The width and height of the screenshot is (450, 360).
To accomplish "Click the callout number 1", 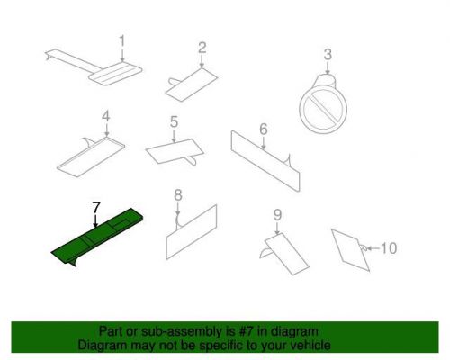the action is click(121, 41).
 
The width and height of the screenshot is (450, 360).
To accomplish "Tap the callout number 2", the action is click(202, 48).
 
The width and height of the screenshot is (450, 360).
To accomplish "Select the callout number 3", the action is click(328, 54).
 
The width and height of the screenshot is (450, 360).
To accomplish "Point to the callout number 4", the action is click(106, 116).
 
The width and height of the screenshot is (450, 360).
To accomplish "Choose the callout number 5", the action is click(174, 121).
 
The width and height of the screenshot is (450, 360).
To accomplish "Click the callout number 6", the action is click(264, 129).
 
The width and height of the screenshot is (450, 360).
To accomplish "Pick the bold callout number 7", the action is click(96, 208).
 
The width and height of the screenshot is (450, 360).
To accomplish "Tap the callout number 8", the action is click(178, 195).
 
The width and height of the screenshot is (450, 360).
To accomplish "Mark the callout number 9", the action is click(277, 215).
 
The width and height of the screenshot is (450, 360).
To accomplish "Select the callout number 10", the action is click(389, 248).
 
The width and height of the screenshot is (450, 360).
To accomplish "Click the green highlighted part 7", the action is click(97, 237).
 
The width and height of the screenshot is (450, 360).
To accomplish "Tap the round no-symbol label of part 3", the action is click(323, 110).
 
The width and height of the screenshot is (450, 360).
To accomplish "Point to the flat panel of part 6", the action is click(265, 161).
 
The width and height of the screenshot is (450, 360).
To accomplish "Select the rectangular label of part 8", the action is click(192, 232).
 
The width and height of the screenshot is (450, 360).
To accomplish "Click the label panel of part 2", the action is click(192, 85).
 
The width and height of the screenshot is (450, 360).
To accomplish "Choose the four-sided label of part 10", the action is click(350, 250).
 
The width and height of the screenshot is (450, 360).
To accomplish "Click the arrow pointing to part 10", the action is click(373, 248).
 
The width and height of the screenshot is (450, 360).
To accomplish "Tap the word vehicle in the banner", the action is click(310, 346).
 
